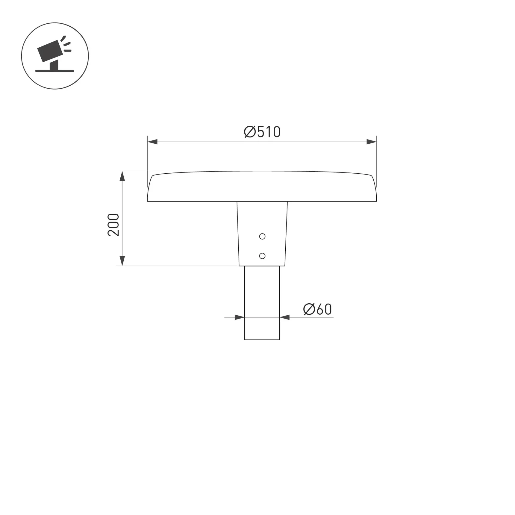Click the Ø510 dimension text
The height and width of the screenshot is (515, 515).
pos(262,132)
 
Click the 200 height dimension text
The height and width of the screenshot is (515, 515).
pos(113,225)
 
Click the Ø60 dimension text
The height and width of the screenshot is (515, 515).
pos(317,309)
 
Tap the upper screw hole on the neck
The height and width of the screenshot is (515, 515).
pos(262,237)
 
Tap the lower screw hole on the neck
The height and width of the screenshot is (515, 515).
pos(262,256)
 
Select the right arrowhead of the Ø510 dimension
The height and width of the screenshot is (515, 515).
pos(371,142)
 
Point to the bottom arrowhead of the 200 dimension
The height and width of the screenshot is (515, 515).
pos(122,260)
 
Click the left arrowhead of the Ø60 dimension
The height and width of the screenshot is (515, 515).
pos(240,317)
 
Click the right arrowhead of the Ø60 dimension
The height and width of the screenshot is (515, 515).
pos(284,317)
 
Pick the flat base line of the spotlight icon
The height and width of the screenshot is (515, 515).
pos(54,71)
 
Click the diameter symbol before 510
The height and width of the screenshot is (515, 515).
pos(250,132)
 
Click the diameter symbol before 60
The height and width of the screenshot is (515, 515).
pos(309,309)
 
